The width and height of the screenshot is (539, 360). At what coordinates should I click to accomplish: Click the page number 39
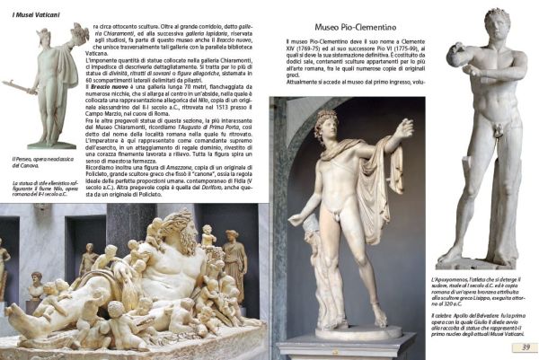pos(527,348)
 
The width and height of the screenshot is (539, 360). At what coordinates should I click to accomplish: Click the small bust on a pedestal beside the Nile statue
pos(36,285)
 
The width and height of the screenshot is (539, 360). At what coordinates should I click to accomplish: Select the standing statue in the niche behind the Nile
pos(234,260)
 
